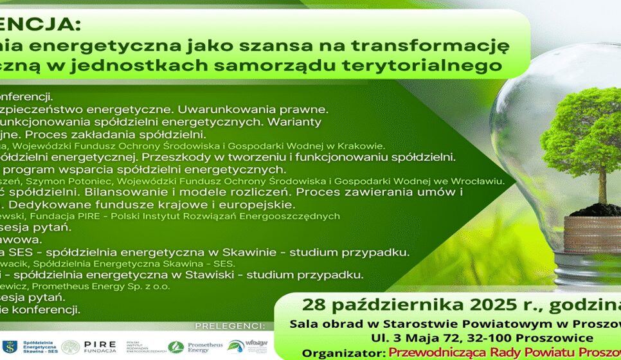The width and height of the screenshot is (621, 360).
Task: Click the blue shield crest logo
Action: tap(8, 346)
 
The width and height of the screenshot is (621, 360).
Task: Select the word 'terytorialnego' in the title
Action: tap(446, 65)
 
